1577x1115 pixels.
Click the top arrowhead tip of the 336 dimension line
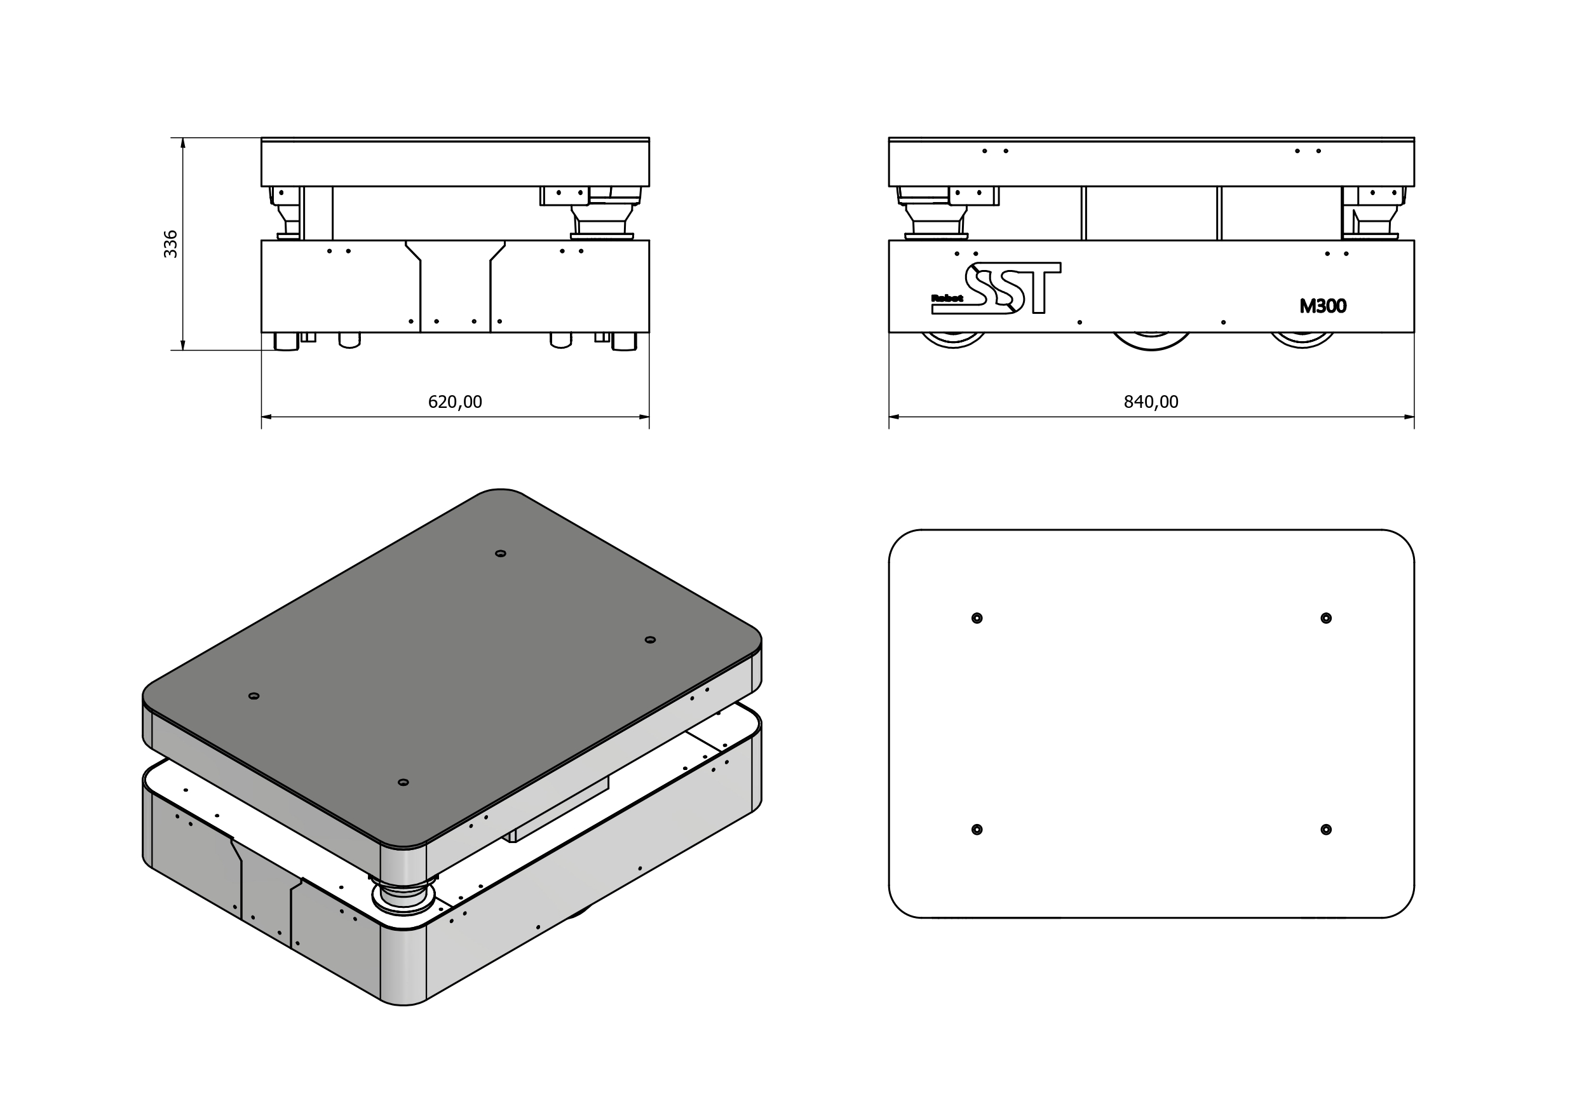(183, 138)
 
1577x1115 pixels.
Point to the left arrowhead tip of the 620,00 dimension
(262, 416)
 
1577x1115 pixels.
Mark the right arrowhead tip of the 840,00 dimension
(1414, 416)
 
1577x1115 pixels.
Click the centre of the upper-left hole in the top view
(977, 618)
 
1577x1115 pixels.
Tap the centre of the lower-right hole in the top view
(1325, 829)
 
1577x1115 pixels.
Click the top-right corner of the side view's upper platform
(1414, 137)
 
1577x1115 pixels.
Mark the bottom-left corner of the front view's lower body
(262, 332)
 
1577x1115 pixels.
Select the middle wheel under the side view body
(1151, 341)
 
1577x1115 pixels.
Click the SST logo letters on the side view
(1013, 288)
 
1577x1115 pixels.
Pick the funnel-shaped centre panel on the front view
(456, 286)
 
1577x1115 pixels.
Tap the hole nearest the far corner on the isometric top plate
(501, 553)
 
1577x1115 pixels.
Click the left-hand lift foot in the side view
(935, 214)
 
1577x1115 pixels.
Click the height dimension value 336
(170, 244)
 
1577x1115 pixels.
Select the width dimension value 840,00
(1151, 401)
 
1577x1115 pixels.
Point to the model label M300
(1323, 306)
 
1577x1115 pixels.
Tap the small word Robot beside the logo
(947, 298)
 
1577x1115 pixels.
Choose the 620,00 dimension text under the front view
(456, 401)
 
